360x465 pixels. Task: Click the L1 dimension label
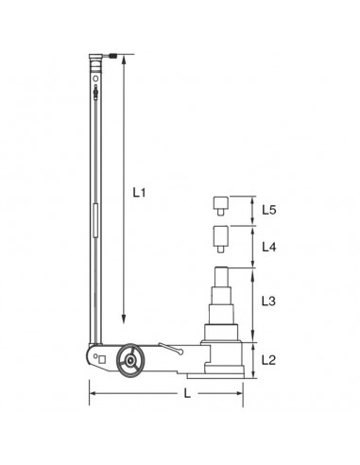140,193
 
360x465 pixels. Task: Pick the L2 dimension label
267,359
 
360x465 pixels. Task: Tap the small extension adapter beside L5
220,203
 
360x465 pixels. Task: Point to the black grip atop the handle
114,57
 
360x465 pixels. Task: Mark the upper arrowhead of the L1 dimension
123,63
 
